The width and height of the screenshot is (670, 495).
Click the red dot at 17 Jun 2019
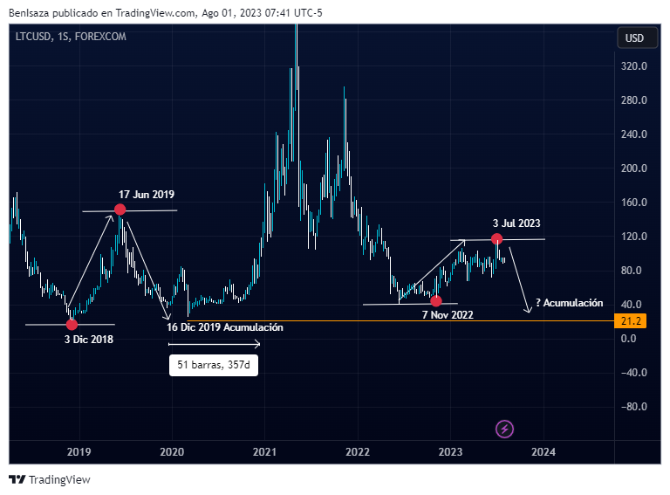click(x=120, y=210)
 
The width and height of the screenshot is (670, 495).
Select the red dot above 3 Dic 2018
click(x=72, y=325)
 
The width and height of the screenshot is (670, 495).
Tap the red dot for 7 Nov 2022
click(x=436, y=301)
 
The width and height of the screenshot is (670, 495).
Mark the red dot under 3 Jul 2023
click(x=496, y=238)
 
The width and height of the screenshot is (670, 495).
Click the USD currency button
click(x=634, y=38)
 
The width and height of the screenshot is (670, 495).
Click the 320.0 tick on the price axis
click(x=633, y=66)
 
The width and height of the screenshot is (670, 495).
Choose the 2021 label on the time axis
click(x=265, y=452)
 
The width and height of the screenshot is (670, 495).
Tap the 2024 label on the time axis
click(x=544, y=452)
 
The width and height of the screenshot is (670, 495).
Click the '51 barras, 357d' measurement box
click(x=214, y=364)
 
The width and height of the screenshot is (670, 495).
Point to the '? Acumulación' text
click(x=570, y=303)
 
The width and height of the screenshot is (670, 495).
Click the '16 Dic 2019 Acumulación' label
click(x=225, y=327)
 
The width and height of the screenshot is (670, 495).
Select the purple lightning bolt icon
click(x=504, y=429)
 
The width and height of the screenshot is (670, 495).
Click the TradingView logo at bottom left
click(x=50, y=479)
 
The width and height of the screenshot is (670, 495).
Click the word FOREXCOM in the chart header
click(x=100, y=36)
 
